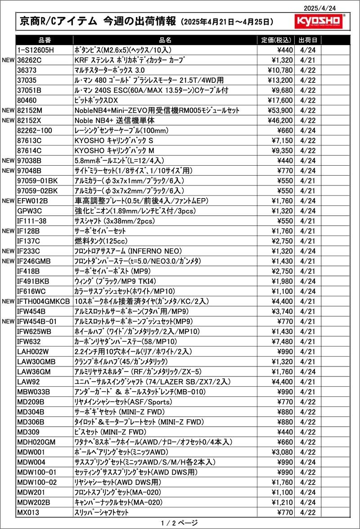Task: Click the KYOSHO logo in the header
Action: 320,21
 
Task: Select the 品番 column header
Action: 45,40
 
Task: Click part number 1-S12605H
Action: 36,50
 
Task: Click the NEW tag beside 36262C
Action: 9,60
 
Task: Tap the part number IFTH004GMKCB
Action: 43,301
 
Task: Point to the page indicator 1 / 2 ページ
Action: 179,523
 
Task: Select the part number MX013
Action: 28,512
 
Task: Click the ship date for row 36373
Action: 307,70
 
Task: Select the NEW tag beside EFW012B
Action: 9,201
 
